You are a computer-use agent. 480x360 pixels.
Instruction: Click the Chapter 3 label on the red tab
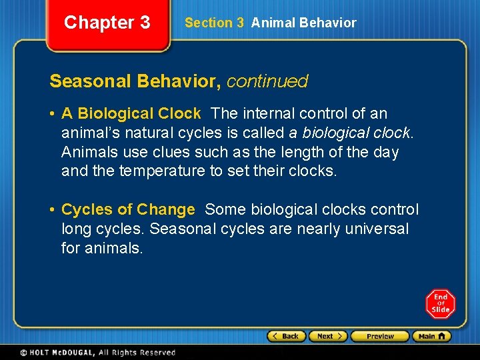point(107,23)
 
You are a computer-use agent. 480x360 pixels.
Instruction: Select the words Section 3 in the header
point(214,23)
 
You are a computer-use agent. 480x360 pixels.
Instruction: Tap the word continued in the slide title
point(267,81)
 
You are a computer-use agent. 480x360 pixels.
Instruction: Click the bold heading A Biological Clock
point(131,114)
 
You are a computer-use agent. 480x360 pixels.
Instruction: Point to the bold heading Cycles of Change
point(128,209)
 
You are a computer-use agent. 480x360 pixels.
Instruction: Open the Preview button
point(379,336)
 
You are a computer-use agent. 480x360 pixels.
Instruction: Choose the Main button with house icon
point(431,336)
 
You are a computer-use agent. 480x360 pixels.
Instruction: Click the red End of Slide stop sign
point(440,303)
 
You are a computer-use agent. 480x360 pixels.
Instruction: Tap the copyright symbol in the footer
point(23,353)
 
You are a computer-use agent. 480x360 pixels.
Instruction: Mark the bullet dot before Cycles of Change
point(53,209)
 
